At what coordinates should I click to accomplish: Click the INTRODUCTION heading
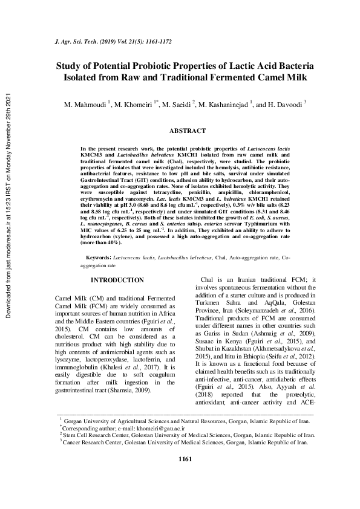(117, 280)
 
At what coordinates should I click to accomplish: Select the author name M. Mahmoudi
(85, 105)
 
